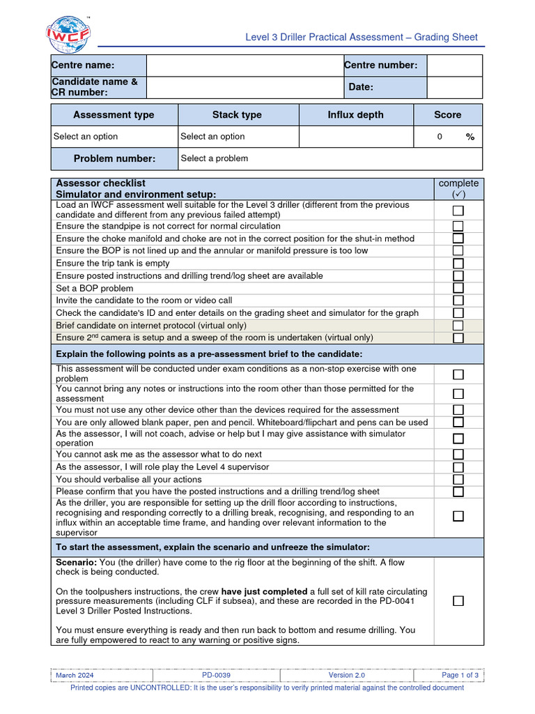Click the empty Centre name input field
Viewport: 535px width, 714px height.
pyautogui.click(x=245, y=66)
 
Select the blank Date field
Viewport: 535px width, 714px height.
pyautogui.click(x=454, y=87)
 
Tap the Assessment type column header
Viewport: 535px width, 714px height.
pyautogui.click(x=114, y=115)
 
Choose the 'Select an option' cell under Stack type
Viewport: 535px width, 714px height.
pyautogui.click(x=238, y=137)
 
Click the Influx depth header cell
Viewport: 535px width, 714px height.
pyautogui.click(x=355, y=115)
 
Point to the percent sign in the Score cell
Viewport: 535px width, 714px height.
pyautogui.click(x=470, y=137)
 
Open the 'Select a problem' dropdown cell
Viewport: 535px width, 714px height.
pyautogui.click(x=330, y=158)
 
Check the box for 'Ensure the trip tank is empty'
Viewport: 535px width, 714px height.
pyautogui.click(x=458, y=264)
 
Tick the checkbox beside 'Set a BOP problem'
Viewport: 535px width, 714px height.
pyautogui.click(x=458, y=288)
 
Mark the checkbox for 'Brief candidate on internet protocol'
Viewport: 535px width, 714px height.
pyautogui.click(x=458, y=326)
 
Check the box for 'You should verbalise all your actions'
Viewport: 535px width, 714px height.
pyautogui.click(x=458, y=480)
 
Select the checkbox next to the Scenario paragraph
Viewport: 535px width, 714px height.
pyautogui.click(x=458, y=601)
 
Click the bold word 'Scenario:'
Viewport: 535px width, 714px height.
pyautogui.click(x=77, y=562)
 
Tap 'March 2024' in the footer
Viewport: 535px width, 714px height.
pyautogui.click(x=75, y=675)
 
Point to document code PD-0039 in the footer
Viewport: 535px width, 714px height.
pyautogui.click(x=216, y=675)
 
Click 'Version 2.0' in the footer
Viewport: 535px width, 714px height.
pyautogui.click(x=346, y=675)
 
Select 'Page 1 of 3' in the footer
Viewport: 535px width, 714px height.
pyautogui.click(x=460, y=675)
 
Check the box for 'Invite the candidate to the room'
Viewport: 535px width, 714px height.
pyautogui.click(x=458, y=301)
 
